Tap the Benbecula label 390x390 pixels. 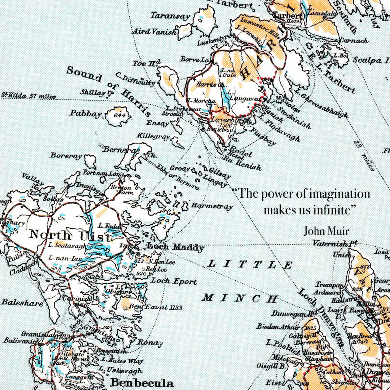click(142, 382)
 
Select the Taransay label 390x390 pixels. click(170, 16)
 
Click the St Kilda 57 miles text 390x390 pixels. click(29, 96)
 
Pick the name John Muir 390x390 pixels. click(326, 231)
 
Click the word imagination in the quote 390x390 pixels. click(339, 194)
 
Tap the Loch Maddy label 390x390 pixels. click(176, 248)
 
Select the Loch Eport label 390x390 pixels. click(174, 281)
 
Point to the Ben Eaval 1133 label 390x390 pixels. click(155, 307)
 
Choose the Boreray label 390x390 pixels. click(66, 156)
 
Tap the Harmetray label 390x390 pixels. click(212, 206)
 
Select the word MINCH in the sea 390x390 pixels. click(240, 298)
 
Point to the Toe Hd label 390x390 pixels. click(147, 63)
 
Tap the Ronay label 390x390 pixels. click(150, 342)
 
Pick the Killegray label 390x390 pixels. click(154, 136)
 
